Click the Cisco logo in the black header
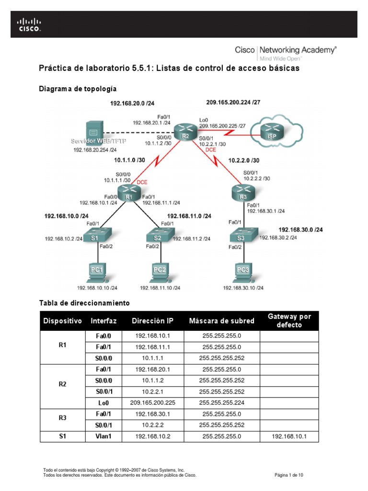[x=30, y=24]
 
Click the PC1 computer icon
[x=97, y=271]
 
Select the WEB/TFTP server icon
[x=93, y=131]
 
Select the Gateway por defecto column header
[x=289, y=321]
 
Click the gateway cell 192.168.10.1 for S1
[x=289, y=436]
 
